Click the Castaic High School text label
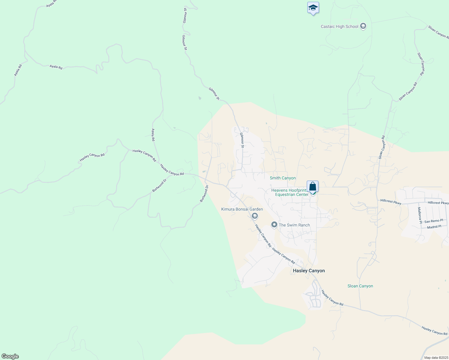tap(339, 26)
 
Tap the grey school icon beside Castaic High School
tap(363, 26)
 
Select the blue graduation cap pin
tap(313, 8)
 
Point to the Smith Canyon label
tap(282, 178)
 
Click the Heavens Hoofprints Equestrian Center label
tap(290, 192)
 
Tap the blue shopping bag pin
tap(312, 186)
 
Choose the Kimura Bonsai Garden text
tap(242, 209)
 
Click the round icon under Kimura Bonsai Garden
tap(255, 216)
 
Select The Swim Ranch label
tap(294, 225)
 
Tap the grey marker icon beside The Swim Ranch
tap(274, 225)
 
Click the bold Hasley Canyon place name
tap(309, 271)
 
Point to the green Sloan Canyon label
tap(360, 286)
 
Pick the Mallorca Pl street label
tap(420, 215)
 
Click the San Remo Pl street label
tap(433, 221)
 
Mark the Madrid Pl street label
tap(434, 227)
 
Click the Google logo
tap(10, 356)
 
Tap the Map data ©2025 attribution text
tap(436, 358)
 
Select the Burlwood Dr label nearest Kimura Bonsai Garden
tap(204, 193)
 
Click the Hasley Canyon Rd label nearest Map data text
tap(434, 331)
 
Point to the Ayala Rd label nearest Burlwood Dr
tap(153, 135)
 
